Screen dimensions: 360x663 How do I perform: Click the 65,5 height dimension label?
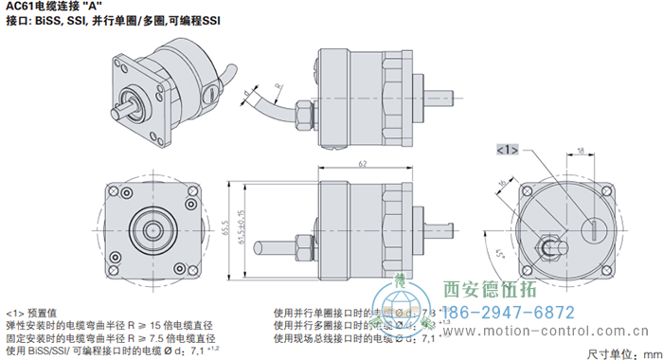[x=228, y=226]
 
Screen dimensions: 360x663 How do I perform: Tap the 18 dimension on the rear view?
[x=580, y=140]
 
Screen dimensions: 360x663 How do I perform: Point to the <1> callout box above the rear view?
[x=508, y=150]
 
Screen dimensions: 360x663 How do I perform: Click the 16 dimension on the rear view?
[x=501, y=184]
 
